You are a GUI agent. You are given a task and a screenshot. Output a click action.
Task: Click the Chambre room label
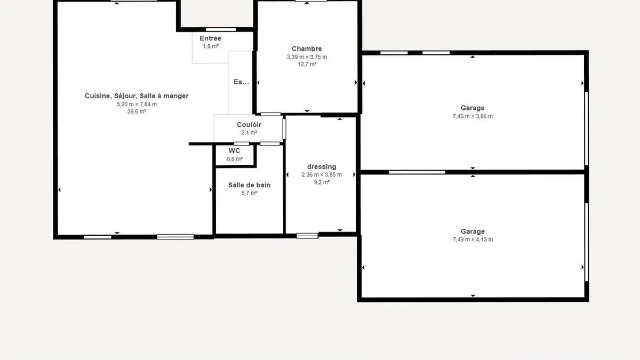click(307, 49)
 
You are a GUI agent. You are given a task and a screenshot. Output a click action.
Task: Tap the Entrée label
click(210, 38)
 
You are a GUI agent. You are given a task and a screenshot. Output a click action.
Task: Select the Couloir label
click(249, 125)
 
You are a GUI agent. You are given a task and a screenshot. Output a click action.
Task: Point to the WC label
click(234, 150)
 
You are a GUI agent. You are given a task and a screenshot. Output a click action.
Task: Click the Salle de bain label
click(249, 185)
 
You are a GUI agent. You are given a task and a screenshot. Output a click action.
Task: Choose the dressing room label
click(322, 166)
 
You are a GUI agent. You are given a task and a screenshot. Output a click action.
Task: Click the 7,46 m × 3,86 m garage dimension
click(473, 116)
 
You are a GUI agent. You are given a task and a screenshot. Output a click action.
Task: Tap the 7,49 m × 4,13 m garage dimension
click(473, 239)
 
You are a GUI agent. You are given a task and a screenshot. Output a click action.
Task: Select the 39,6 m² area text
click(137, 111)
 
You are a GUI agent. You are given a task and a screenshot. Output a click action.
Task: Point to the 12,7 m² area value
click(307, 65)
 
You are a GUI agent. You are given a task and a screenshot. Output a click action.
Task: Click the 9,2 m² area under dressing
click(322, 182)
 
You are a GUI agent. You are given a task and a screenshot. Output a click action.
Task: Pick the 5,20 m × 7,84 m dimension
click(137, 104)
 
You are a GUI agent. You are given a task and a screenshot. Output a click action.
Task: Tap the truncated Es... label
click(241, 82)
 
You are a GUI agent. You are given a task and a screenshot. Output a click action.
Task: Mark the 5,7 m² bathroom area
click(249, 193)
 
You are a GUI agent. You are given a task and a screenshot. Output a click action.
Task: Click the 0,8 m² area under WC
click(235, 159)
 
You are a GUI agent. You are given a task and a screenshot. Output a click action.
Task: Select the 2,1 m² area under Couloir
click(249, 133)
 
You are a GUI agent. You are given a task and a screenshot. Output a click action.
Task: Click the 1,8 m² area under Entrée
click(211, 46)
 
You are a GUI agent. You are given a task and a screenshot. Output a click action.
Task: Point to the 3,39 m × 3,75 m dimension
click(307, 57)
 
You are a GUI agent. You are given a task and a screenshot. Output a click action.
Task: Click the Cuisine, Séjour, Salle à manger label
click(137, 96)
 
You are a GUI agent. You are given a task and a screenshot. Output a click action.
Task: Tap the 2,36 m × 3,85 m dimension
click(322, 174)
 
